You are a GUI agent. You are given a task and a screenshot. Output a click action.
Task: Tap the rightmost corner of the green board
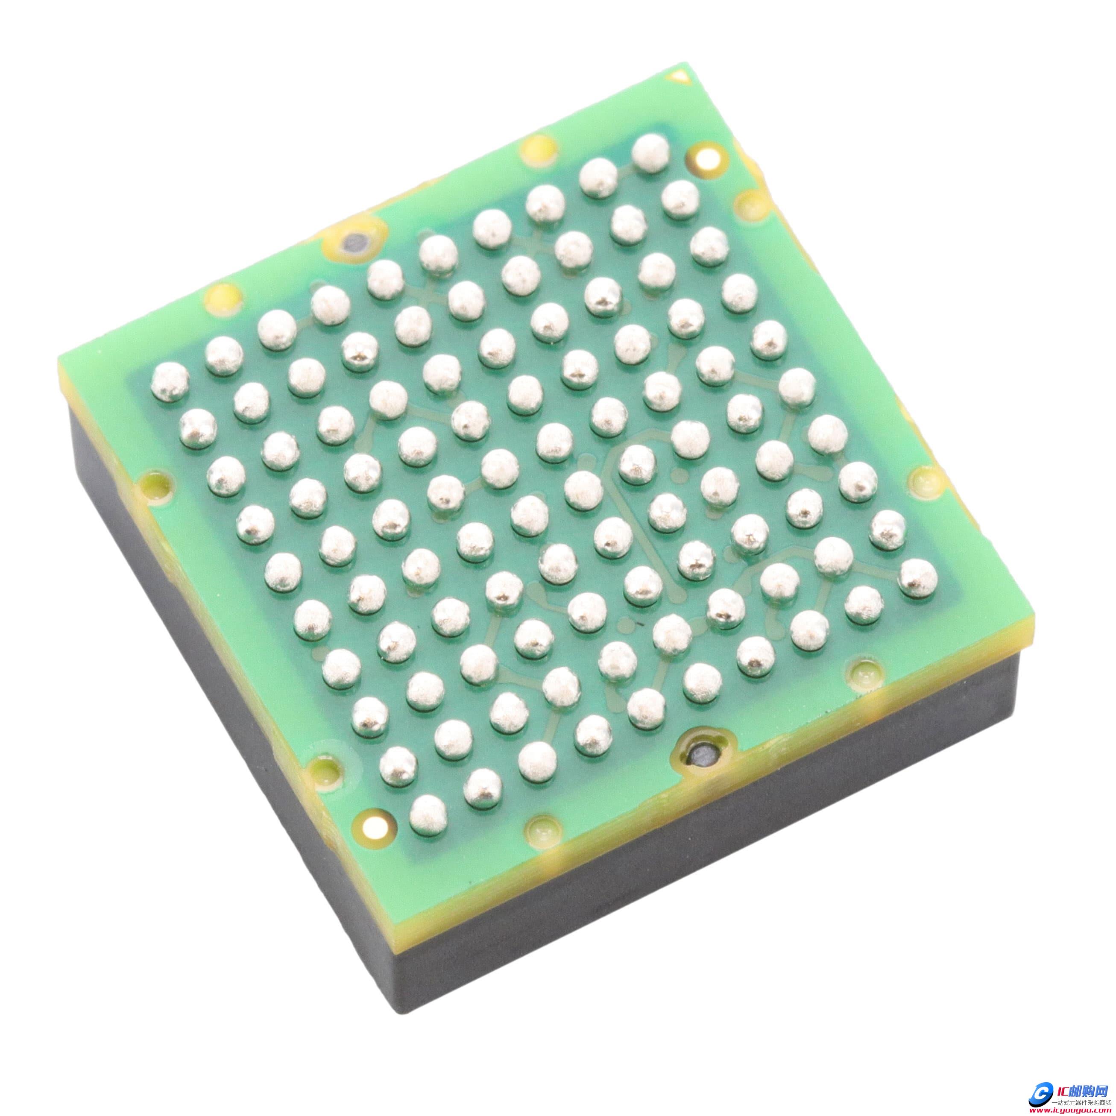[1034, 619]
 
